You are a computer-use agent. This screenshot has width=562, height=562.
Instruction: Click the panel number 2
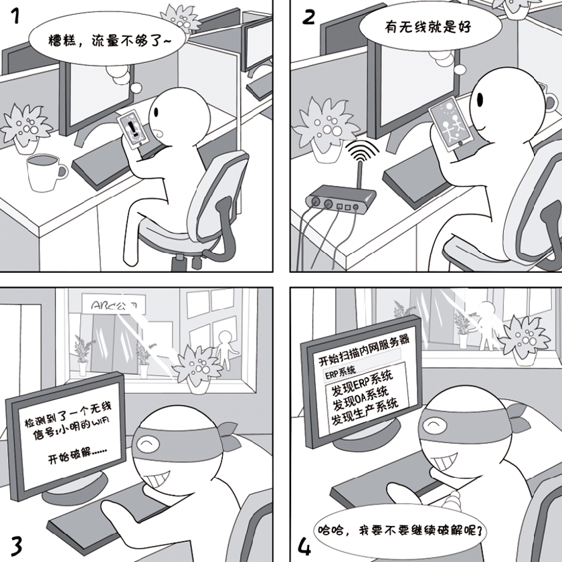tap(309, 17)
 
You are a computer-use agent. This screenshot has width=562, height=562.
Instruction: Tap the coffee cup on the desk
tap(45, 173)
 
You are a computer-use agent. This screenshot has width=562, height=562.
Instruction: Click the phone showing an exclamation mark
tap(134, 127)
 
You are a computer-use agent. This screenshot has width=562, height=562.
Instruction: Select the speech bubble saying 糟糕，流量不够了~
tap(110, 41)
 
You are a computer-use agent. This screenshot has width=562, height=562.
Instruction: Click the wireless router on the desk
tap(339, 199)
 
